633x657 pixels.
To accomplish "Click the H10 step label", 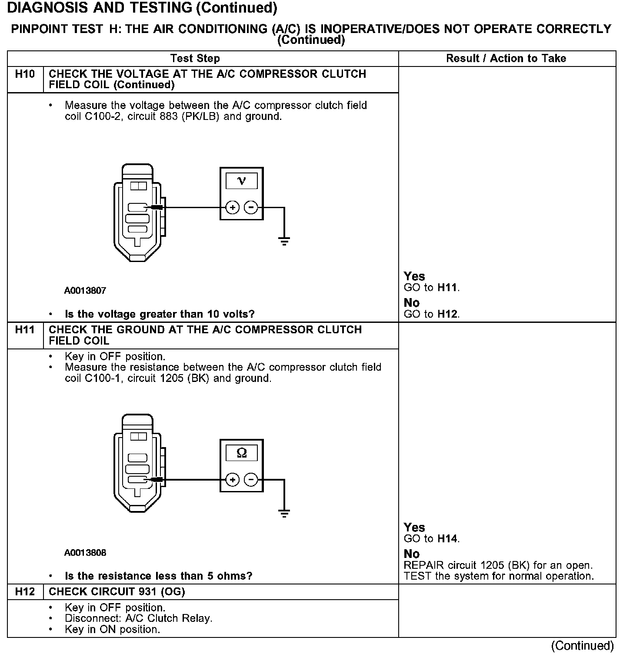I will [25, 74].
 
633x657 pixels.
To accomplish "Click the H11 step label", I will [25, 330].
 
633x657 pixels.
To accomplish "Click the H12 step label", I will [25, 591].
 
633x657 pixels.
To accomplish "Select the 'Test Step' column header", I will [195, 58].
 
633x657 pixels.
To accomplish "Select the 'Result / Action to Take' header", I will [506, 58].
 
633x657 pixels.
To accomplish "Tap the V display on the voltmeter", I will [242, 181].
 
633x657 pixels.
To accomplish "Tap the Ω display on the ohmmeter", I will [242, 453].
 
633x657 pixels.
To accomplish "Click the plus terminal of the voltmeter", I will [233, 208].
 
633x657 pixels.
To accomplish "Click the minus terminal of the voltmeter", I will [251, 208].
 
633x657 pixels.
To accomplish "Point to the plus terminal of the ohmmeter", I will [233, 480].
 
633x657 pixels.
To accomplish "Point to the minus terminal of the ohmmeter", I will [251, 480].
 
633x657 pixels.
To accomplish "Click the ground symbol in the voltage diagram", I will [284, 241].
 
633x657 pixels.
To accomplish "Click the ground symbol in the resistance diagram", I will [284, 513].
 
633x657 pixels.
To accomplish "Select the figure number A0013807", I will [85, 290].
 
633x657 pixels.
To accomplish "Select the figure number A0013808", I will [85, 553].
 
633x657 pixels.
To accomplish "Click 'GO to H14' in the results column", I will [431, 539].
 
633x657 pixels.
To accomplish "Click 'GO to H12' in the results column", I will [431, 314].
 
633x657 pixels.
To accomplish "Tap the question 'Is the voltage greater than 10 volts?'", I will [160, 314].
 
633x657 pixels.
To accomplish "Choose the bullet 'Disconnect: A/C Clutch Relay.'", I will [138, 618].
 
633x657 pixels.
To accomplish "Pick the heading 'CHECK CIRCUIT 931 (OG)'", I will [117, 591].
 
